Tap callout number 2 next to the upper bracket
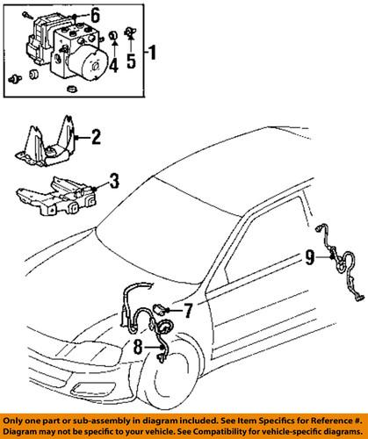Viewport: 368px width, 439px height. [96, 136]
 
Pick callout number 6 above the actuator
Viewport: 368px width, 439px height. [95, 14]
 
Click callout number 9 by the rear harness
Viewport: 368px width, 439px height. [308, 258]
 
